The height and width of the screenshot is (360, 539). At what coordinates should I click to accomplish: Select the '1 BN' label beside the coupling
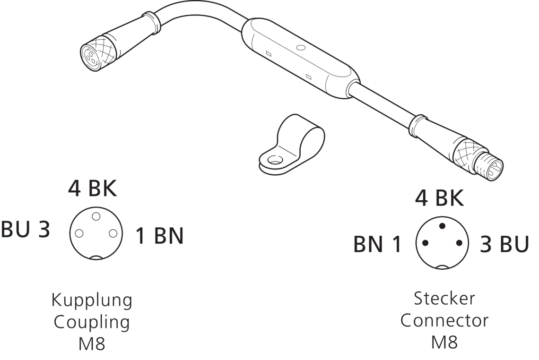[x=160, y=236]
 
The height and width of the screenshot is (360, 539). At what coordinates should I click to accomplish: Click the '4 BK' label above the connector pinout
[x=439, y=199]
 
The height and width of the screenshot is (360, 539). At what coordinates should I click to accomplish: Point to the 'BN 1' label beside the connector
[x=377, y=245]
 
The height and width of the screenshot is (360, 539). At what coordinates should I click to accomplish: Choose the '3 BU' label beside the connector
[x=504, y=245]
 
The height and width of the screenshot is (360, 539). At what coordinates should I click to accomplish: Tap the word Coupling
[x=92, y=323]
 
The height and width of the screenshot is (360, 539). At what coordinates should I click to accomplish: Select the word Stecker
[x=444, y=299]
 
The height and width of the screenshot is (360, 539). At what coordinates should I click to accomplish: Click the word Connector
[x=444, y=320]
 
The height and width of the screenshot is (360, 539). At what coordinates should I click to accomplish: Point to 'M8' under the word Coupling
[x=92, y=343]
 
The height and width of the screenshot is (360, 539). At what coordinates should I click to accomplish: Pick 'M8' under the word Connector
[x=444, y=342]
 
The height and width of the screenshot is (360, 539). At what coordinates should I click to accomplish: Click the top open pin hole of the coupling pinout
[x=96, y=216]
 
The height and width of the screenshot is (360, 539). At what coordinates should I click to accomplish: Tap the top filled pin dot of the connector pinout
[x=442, y=226]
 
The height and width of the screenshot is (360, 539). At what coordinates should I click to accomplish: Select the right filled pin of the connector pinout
[x=459, y=243]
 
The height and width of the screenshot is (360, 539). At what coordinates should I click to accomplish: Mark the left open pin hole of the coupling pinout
[x=79, y=233]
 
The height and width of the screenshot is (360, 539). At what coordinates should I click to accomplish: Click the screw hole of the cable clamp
[x=275, y=160]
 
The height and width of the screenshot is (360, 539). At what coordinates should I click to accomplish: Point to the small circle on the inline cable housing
[x=300, y=48]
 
